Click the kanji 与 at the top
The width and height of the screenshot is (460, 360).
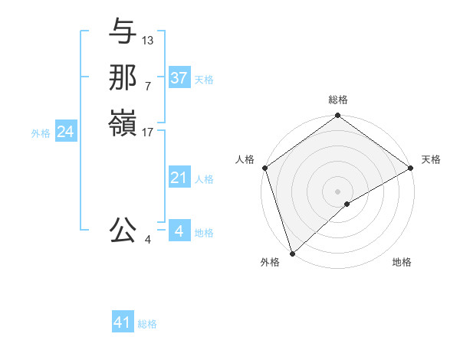coord(123,33)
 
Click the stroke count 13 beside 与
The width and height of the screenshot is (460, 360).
coord(148,40)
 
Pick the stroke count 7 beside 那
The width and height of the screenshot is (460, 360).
coord(148,86)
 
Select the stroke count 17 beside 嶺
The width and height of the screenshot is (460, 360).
coord(148,132)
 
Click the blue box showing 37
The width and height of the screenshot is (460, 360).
coord(179,78)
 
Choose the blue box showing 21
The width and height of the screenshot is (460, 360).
coord(179,178)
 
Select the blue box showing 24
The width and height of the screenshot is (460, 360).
coord(65,133)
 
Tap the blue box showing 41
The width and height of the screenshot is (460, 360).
coord(123,323)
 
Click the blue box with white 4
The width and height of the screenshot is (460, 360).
coord(179,231)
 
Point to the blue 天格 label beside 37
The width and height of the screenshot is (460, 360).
coord(204,79)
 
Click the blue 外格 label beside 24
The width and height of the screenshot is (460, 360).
coord(41,133)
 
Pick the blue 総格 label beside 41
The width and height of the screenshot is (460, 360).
coord(147,324)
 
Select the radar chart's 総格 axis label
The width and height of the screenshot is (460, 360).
coord(337,100)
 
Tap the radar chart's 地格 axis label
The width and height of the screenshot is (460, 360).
coord(402,263)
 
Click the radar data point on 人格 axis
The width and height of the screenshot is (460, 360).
coord(264,168)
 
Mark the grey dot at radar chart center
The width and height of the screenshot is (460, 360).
coord(337,191)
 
